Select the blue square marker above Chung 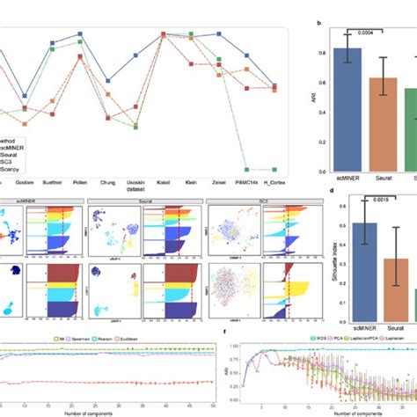pyautogui.click(x=107, y=79)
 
